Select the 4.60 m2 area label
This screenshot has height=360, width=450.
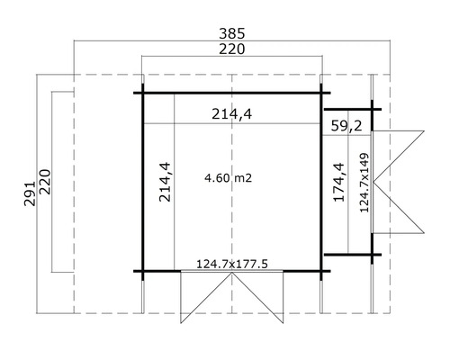click(x=228, y=179)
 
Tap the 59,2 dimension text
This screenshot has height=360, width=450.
click(x=346, y=125)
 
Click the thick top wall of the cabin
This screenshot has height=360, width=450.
click(x=232, y=93)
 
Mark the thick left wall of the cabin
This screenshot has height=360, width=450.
click(x=142, y=180)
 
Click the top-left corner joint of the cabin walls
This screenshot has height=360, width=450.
click(x=142, y=93)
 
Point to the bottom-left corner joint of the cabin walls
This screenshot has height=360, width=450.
click(x=142, y=270)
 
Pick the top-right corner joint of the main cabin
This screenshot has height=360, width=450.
click(x=322, y=93)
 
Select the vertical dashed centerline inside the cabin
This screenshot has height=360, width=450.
click(x=233, y=216)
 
